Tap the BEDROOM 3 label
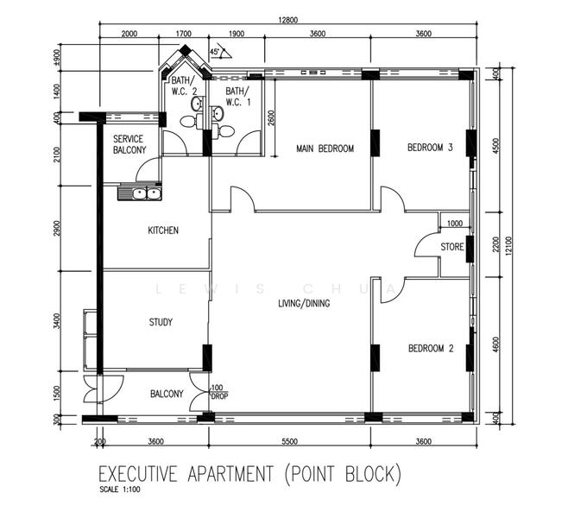coord(430,148)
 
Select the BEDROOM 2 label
coord(430,349)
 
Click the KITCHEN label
coord(163,231)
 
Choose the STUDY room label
coord(160,322)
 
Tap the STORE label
coord(452,247)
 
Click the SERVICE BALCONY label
coord(129,144)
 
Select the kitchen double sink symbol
coord(140,193)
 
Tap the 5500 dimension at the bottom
coord(288,441)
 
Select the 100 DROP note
coord(217,393)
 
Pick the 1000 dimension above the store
coord(454,223)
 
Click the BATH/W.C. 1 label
coord(237,96)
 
